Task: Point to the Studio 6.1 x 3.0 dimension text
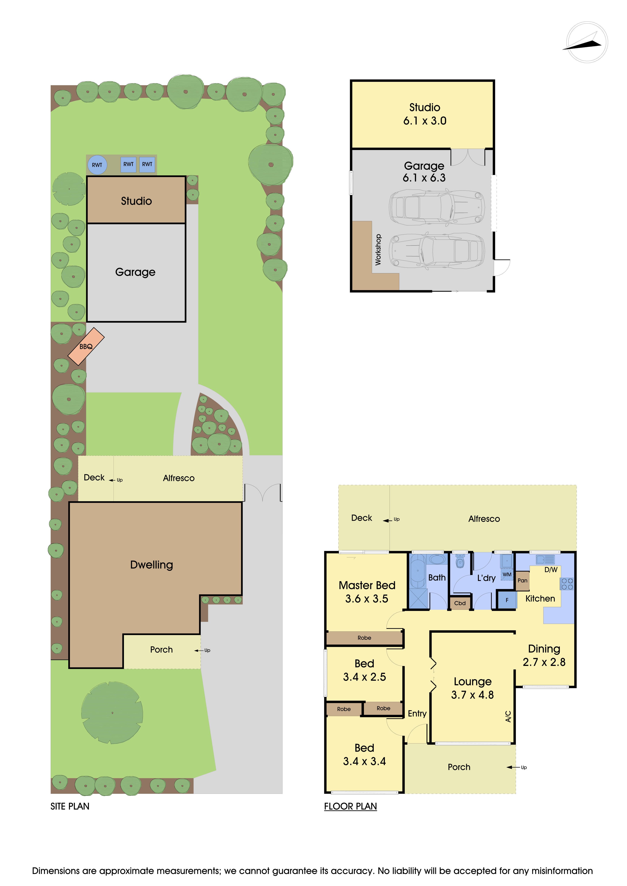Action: click(x=425, y=121)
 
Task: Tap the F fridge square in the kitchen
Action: click(x=507, y=600)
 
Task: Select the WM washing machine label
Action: click(x=507, y=575)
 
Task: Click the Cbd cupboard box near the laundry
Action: click(x=460, y=603)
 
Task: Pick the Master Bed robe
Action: click(x=365, y=638)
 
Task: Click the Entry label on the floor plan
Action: click(x=417, y=713)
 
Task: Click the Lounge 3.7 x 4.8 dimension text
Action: click(x=473, y=695)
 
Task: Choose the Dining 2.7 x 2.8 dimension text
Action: click(x=544, y=662)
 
